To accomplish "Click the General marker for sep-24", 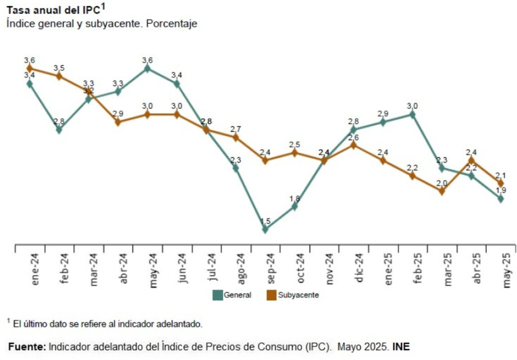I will click(x=265, y=229).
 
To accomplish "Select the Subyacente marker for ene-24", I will click(x=29, y=68).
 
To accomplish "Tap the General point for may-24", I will click(x=147, y=68).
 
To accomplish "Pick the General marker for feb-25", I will click(x=412, y=114).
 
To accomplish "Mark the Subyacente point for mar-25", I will click(x=442, y=191).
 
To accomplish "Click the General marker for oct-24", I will click(x=294, y=207).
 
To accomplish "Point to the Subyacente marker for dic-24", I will click(x=354, y=145).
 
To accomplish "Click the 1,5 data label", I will click(x=265, y=221).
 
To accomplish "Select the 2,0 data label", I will click(x=442, y=183).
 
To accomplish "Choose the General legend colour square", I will click(x=218, y=295).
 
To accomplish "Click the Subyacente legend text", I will click(x=298, y=295).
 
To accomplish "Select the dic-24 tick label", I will click(x=358, y=269).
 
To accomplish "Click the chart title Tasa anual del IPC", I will click(x=52, y=10).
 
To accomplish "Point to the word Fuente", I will click(x=27, y=347).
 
